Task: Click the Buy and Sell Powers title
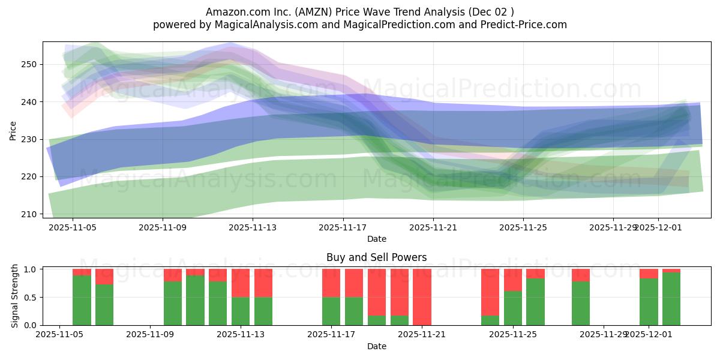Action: click(x=376, y=257)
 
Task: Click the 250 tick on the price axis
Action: click(x=29, y=64)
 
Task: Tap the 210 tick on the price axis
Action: click(x=29, y=214)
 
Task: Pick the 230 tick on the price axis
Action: click(x=29, y=139)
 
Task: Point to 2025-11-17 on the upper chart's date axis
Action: click(x=343, y=227)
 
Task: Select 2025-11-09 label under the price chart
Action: click(x=163, y=227)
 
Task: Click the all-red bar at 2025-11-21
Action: click(x=422, y=297)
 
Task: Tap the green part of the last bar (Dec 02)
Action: click(x=671, y=299)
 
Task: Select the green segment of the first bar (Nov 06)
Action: click(x=82, y=300)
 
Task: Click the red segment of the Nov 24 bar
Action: click(x=490, y=292)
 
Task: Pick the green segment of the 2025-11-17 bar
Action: click(x=331, y=311)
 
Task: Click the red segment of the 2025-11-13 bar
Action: click(x=241, y=283)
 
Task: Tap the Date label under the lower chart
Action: click(x=376, y=346)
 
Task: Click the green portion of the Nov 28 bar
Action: click(x=580, y=303)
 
